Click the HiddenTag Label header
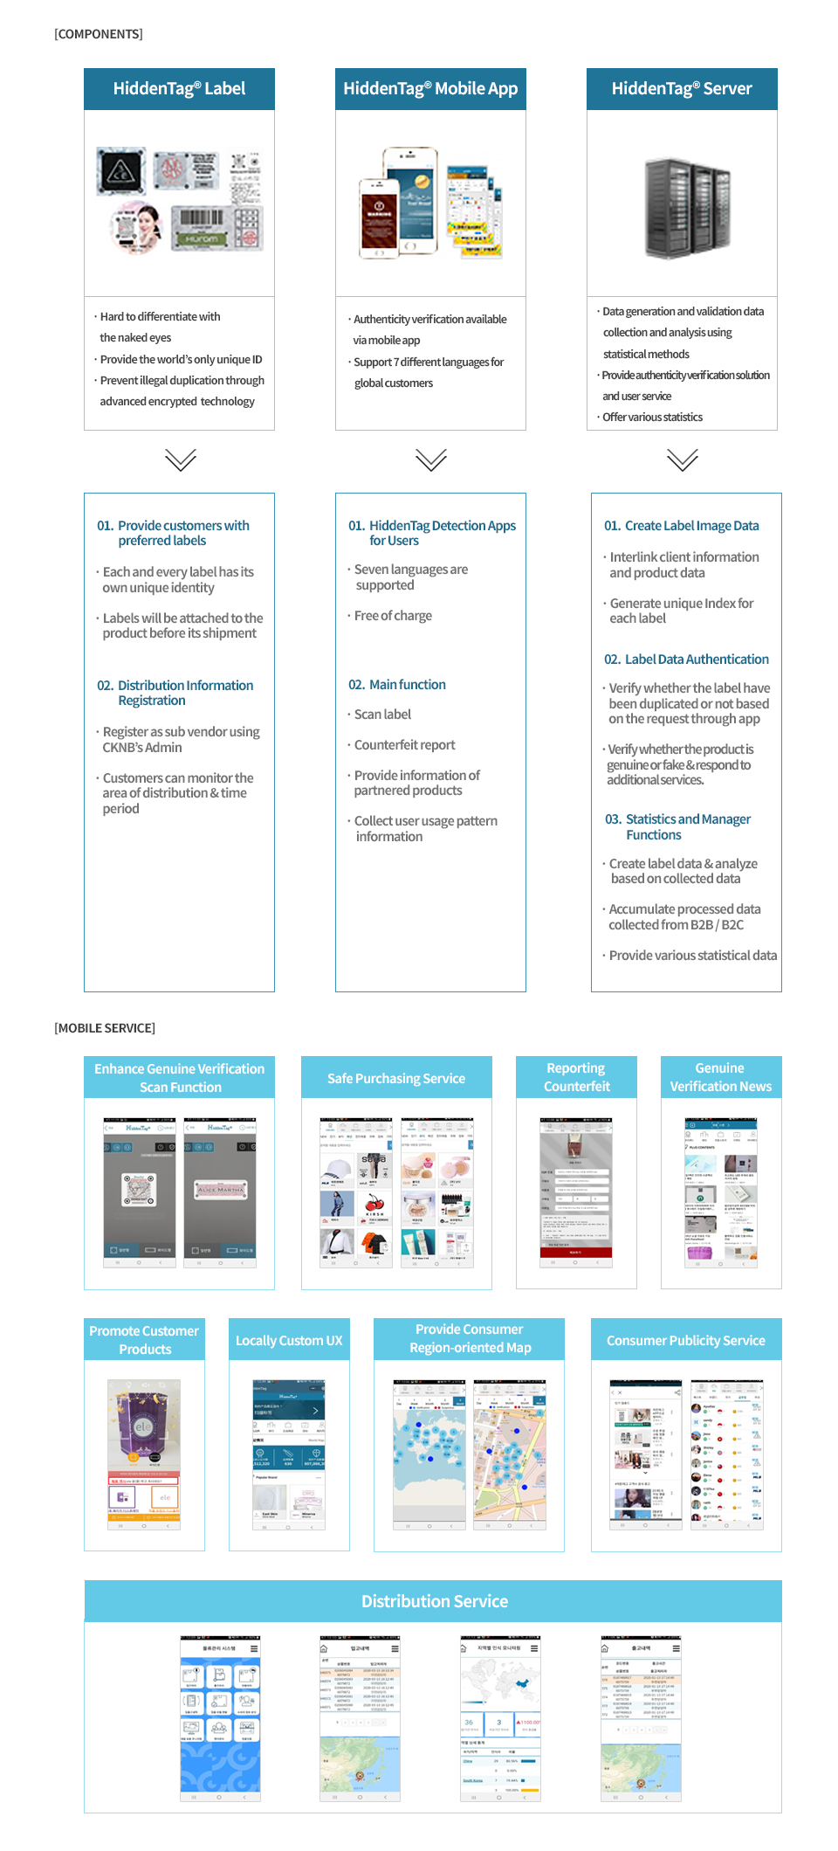pos(179,89)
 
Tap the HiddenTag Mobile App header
pos(430,89)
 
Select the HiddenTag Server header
pos(682,89)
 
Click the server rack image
pos(686,208)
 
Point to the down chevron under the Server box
pos(682,459)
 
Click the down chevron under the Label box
pos(180,459)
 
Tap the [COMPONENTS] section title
pos(99,34)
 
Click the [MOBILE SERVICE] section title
pos(105,1028)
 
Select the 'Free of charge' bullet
pos(393,616)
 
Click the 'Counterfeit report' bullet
pos(404,745)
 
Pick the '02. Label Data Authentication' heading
pos(687,660)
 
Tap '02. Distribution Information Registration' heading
pos(176,693)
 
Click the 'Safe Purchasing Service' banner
pos(396,1079)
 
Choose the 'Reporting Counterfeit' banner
pos(576,1077)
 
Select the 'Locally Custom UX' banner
pos(289,1341)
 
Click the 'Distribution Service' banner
pos(434,1601)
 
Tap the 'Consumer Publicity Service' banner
pos(686,1341)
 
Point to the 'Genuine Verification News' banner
pos(720,1077)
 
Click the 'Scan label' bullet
pos(382,715)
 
